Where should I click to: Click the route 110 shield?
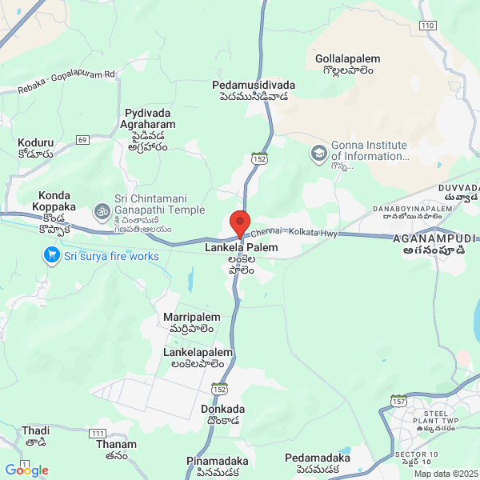(x=427, y=26)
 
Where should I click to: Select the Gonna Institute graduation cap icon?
(x=319, y=151)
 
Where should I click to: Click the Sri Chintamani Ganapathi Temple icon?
(x=101, y=211)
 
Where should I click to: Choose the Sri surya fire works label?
(x=112, y=257)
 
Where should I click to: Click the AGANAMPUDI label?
(x=434, y=239)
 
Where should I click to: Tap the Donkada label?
(x=222, y=409)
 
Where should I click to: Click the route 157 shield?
(x=398, y=399)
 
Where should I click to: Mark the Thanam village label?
(x=116, y=445)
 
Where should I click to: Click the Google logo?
(x=26, y=470)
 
